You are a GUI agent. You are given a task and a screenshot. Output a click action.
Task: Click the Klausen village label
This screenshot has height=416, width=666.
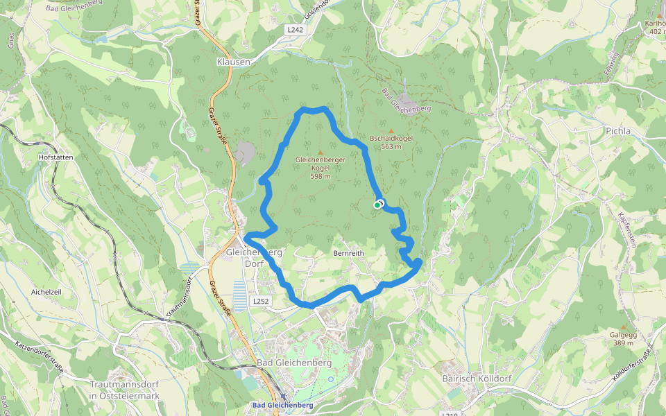[233, 62]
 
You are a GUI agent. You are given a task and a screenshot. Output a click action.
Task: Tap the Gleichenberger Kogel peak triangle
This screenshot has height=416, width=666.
[320, 152]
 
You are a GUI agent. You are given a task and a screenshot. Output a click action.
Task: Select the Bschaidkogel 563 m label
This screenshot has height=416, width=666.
[391, 142]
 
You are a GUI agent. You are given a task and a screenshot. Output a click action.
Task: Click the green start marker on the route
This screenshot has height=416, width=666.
[377, 205]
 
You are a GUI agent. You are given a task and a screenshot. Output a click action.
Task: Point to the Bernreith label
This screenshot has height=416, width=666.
[348, 254]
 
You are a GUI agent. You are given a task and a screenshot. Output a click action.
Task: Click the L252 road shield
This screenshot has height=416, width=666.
[260, 302]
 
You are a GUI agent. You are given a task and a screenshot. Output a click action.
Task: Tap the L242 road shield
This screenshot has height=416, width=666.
[296, 30]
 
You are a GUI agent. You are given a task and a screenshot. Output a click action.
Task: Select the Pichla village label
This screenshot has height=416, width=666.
[617, 130]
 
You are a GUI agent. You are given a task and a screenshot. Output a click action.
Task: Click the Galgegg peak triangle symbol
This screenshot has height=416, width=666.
[623, 327]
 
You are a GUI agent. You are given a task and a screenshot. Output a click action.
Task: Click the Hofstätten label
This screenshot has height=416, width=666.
[56, 157]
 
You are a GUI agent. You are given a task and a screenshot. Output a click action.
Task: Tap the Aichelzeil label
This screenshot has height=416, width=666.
[46, 293]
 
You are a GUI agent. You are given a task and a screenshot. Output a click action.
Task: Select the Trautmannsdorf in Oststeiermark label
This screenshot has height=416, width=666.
[125, 390]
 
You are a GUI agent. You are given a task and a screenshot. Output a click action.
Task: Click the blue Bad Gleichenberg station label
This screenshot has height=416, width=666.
[282, 405]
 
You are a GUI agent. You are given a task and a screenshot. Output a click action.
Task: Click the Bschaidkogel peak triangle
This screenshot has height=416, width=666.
[391, 130]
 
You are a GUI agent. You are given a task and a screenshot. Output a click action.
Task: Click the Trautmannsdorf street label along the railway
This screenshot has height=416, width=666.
[179, 300]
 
